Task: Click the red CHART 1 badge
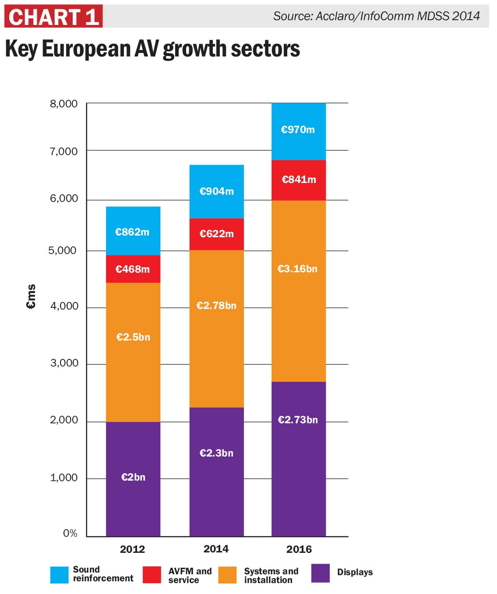[53, 17]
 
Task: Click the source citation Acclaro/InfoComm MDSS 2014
[376, 16]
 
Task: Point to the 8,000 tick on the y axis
[63, 104]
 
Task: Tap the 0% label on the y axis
[70, 533]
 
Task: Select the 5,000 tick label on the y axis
[62, 250]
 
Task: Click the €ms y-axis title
[31, 297]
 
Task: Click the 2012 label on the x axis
[132, 549]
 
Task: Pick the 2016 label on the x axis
[299, 549]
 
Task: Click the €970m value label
[298, 130]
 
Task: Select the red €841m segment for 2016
[299, 180]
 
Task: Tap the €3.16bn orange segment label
[297, 269]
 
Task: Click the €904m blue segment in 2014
[216, 191]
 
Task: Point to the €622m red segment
[216, 234]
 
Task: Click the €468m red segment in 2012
[133, 269]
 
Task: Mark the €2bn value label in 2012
[133, 477]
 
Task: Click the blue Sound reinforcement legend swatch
[60, 575]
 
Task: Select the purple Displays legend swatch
[321, 573]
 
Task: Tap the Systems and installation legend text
[271, 576]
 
